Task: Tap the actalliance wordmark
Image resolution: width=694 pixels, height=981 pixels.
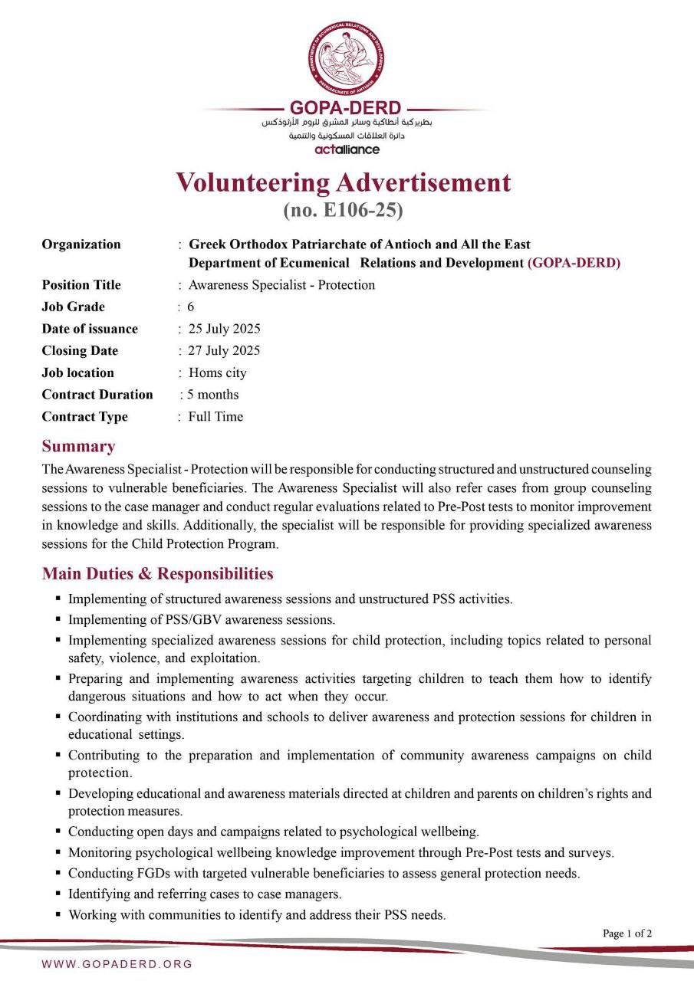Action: [347, 149]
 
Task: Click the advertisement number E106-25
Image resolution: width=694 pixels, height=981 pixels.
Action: [343, 209]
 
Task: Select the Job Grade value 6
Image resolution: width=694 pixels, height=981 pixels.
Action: [191, 307]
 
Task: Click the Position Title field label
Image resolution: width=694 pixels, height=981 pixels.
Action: [81, 285]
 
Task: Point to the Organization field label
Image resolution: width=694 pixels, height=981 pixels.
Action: [81, 244]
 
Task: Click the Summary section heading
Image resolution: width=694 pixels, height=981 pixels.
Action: [78, 446]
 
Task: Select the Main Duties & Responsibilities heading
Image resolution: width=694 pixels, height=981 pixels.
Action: [157, 573]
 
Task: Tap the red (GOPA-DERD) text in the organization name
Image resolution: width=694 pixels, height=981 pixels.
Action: [574, 263]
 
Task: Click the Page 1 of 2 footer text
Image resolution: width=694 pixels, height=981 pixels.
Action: [627, 933]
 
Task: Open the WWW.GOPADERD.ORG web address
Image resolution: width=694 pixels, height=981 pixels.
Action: [117, 964]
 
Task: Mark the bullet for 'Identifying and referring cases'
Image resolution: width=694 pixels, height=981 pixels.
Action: [58, 894]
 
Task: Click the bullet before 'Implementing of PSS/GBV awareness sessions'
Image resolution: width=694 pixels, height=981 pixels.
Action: [58, 618]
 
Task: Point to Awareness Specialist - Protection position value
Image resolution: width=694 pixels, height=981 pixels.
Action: [281, 285]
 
